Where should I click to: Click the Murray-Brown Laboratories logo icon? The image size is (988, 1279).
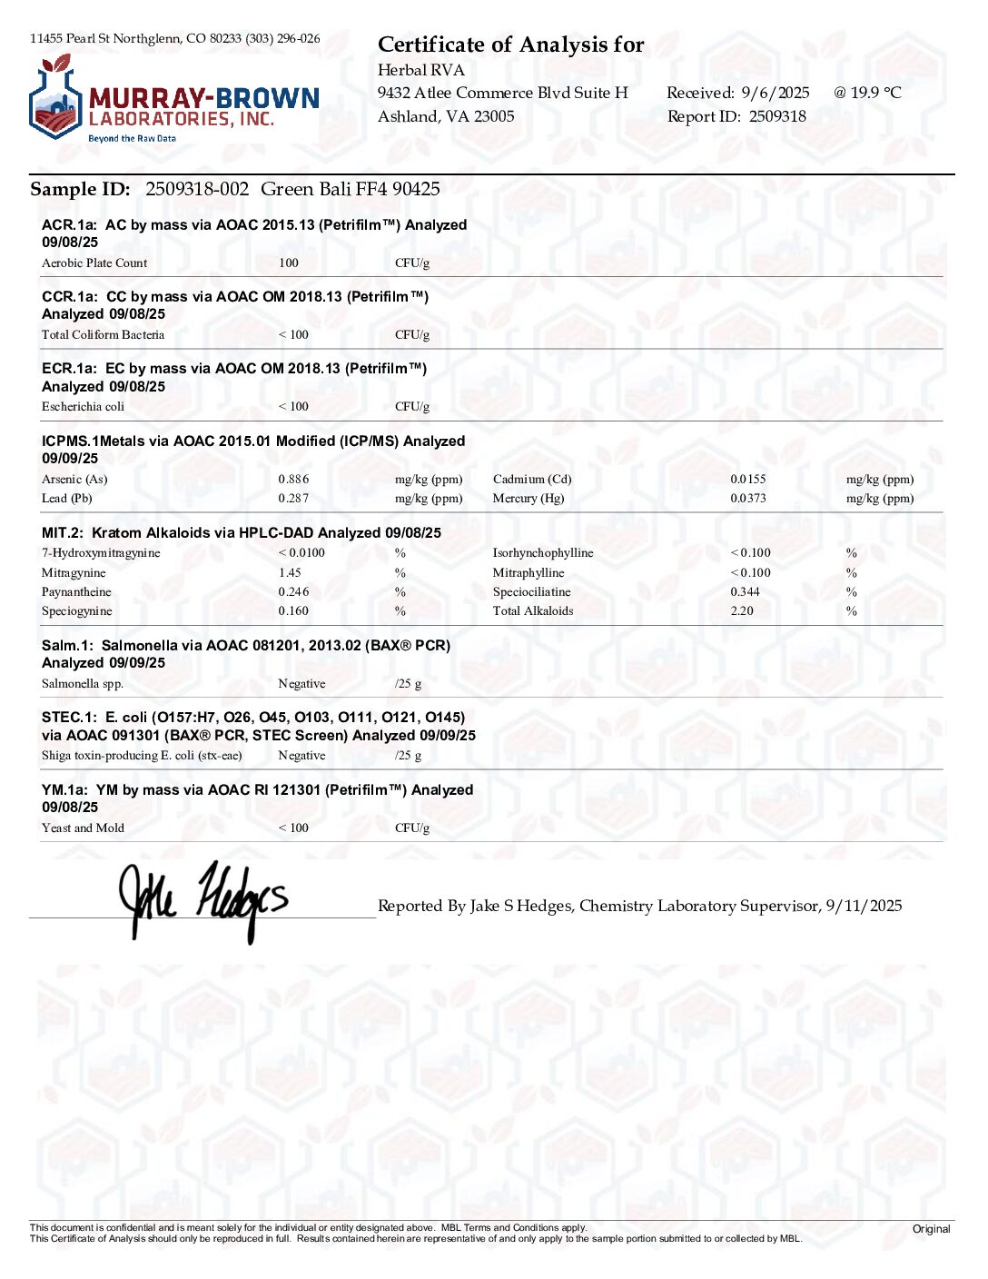coord(56,98)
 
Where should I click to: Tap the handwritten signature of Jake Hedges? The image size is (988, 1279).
coord(203,900)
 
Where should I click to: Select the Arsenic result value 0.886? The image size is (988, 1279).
coord(293,479)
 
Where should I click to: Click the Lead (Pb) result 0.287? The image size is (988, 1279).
coord(293,498)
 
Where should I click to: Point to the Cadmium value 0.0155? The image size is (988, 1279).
coord(748,479)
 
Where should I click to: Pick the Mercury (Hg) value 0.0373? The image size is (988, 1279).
coord(748,498)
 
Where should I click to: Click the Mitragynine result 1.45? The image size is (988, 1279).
coord(290,572)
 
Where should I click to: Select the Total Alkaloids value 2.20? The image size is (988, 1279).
coord(742,610)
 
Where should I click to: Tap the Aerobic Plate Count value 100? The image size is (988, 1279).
coord(289,263)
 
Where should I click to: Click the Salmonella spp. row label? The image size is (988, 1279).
coord(83,683)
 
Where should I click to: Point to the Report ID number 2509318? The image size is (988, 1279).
coord(777,116)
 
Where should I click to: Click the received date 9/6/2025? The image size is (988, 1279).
coord(775,93)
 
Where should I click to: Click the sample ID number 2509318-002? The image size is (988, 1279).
coord(197,189)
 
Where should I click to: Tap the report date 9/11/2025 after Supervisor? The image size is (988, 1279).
coord(864,906)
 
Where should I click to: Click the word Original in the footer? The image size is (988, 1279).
coord(931,1229)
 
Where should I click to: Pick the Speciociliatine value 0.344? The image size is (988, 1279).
coord(746,591)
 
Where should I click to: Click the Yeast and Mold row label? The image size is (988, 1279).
coord(83,828)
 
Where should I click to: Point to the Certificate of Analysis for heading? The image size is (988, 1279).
coord(510,45)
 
